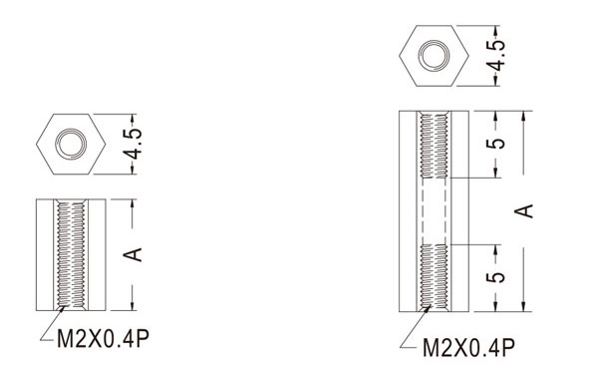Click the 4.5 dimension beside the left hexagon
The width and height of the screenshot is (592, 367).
pyautogui.click(x=133, y=144)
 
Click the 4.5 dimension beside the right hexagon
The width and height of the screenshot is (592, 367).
pyautogui.click(x=495, y=56)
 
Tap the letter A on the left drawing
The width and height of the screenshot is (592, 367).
pyautogui.click(x=133, y=254)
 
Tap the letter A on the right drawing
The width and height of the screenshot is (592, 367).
pyautogui.click(x=523, y=210)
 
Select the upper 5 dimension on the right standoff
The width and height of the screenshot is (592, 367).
pyautogui.click(x=495, y=144)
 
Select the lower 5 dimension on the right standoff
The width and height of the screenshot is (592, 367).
pyautogui.click(x=495, y=277)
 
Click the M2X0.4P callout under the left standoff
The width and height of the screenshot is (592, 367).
pyautogui.click(x=103, y=339)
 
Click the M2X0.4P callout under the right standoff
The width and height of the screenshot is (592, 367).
pyautogui.click(x=468, y=347)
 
